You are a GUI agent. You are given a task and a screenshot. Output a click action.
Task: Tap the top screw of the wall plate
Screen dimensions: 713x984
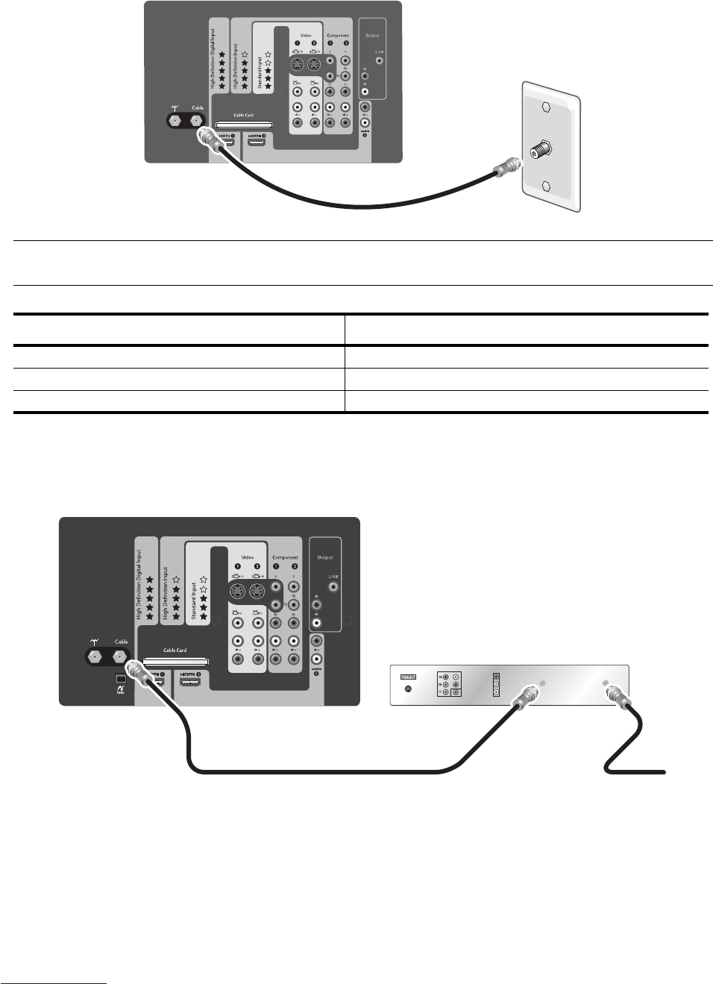click(547, 107)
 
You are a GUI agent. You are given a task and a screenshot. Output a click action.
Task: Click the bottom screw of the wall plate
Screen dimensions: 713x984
click(547, 187)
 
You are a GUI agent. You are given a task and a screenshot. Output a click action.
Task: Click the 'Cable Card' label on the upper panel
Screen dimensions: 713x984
click(243, 116)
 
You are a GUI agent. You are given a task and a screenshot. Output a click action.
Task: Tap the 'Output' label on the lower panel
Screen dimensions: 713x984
click(325, 557)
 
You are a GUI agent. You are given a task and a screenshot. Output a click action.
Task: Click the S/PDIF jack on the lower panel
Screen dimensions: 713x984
click(333, 587)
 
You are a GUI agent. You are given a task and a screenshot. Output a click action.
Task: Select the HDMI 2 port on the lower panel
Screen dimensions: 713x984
click(189, 680)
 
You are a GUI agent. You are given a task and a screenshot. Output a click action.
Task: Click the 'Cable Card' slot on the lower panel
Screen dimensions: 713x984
click(175, 661)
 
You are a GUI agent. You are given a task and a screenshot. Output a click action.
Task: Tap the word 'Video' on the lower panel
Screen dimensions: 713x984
click(247, 557)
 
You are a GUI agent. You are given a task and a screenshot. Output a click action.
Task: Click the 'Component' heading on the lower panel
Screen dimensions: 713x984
click(285, 557)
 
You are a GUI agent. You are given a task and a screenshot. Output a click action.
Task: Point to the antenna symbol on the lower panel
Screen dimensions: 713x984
click(95, 642)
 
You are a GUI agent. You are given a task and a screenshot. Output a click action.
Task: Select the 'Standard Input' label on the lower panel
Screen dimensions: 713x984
click(194, 600)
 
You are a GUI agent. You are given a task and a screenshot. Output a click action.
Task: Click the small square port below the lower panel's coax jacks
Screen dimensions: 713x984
click(120, 679)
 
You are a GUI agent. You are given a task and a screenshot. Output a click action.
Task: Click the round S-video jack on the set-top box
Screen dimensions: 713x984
click(408, 689)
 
